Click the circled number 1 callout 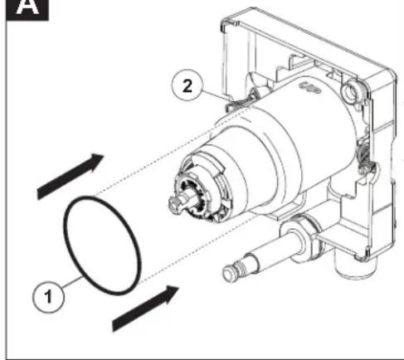[48, 297]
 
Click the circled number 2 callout [187, 85]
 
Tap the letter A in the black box [27, 7]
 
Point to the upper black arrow [71, 176]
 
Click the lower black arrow [146, 308]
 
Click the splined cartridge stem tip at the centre [177, 203]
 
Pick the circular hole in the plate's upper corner [350, 90]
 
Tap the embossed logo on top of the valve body [310, 87]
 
